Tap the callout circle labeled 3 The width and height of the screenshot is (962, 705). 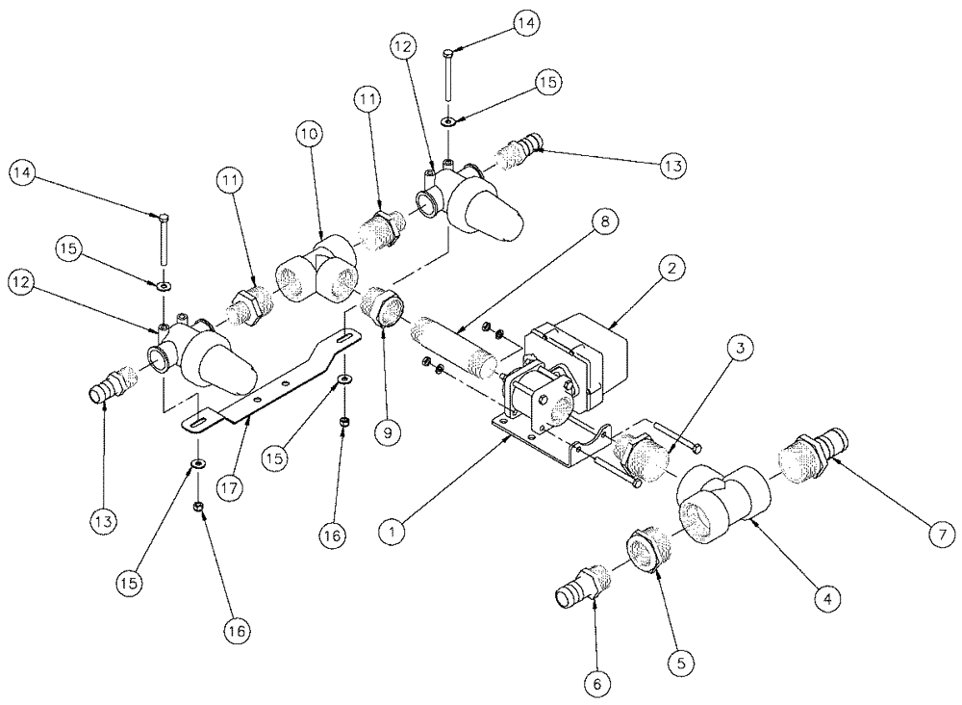[742, 352]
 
